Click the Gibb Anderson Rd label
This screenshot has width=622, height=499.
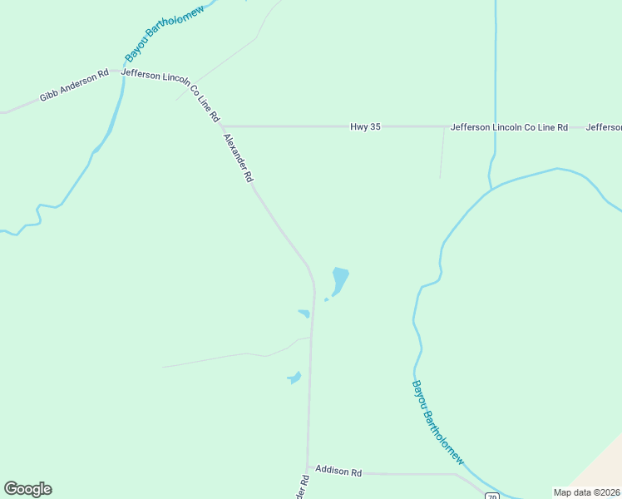tap(74, 86)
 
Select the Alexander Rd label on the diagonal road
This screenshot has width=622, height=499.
tap(238, 157)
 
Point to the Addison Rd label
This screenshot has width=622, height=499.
tap(338, 472)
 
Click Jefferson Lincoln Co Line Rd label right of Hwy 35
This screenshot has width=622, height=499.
tap(509, 127)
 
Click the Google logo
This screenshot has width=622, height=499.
tap(27, 489)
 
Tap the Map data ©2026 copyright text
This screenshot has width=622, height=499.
tap(587, 492)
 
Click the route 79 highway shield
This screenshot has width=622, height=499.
tap(492, 496)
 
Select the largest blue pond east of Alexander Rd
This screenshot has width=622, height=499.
tap(340, 278)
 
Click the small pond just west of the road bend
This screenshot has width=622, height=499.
tap(304, 314)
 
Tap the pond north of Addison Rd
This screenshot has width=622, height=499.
tap(294, 378)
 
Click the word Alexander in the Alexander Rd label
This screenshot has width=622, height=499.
tap(234, 151)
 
